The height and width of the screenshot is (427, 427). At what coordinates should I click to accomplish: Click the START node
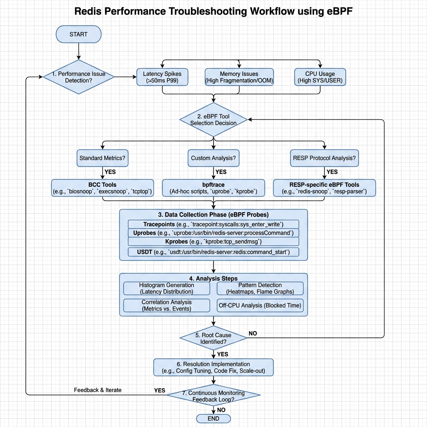coord(78,34)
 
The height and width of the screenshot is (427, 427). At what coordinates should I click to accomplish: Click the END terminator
coord(213,418)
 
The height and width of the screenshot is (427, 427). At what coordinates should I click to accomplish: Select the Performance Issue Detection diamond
coord(78,77)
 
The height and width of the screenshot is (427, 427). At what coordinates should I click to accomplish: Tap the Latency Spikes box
coord(162,77)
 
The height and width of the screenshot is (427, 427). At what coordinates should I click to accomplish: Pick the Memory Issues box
coord(239,77)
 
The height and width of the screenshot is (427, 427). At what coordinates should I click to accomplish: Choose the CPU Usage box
coord(320,77)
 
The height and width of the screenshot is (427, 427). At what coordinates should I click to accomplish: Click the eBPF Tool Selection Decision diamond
coord(213,120)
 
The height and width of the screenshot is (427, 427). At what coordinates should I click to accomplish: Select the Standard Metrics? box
coord(103,158)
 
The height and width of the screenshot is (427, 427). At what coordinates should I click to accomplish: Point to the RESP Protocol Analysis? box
coord(324,158)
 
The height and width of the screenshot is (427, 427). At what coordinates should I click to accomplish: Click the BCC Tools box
coord(103,188)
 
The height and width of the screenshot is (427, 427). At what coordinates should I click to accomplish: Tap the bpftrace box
coord(213,188)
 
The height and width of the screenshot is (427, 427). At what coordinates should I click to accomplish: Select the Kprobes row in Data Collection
coord(213,242)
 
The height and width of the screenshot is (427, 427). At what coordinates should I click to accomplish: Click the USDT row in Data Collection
coord(213,252)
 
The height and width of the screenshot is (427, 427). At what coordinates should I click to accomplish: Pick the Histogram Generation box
coord(167,288)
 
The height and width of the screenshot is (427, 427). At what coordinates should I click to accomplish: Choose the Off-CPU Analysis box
coord(260,305)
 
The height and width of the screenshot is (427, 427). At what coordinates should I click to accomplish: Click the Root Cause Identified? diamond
coord(213,338)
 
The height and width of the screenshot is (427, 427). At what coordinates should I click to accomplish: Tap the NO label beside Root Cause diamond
coord(253,333)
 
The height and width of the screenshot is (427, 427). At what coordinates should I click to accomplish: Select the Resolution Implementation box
coord(213,367)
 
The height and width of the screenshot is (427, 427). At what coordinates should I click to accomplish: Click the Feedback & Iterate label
coord(98,390)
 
